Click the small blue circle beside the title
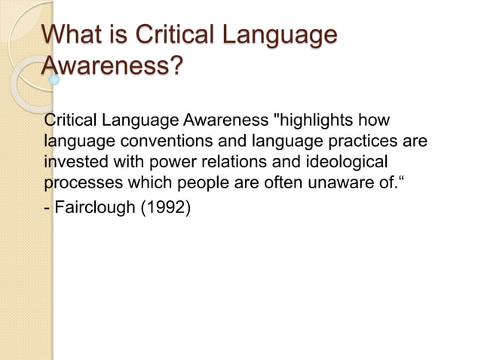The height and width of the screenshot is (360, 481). click(x=54, y=78)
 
